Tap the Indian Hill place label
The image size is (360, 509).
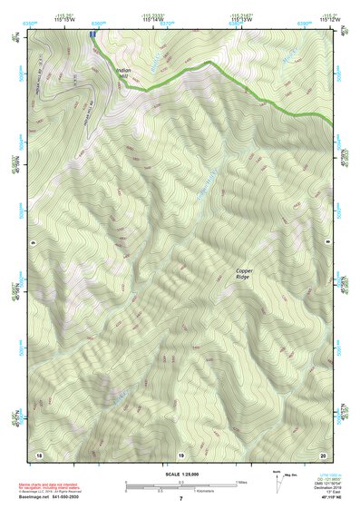[124, 72]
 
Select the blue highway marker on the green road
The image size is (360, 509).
[92, 33]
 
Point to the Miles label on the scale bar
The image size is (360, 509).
[242, 482]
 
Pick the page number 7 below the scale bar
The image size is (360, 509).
[180, 499]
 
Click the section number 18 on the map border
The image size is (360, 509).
[38, 453]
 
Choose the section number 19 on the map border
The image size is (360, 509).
[180, 453]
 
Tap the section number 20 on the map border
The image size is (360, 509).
[323, 453]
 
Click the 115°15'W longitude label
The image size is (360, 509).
[63, 19]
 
